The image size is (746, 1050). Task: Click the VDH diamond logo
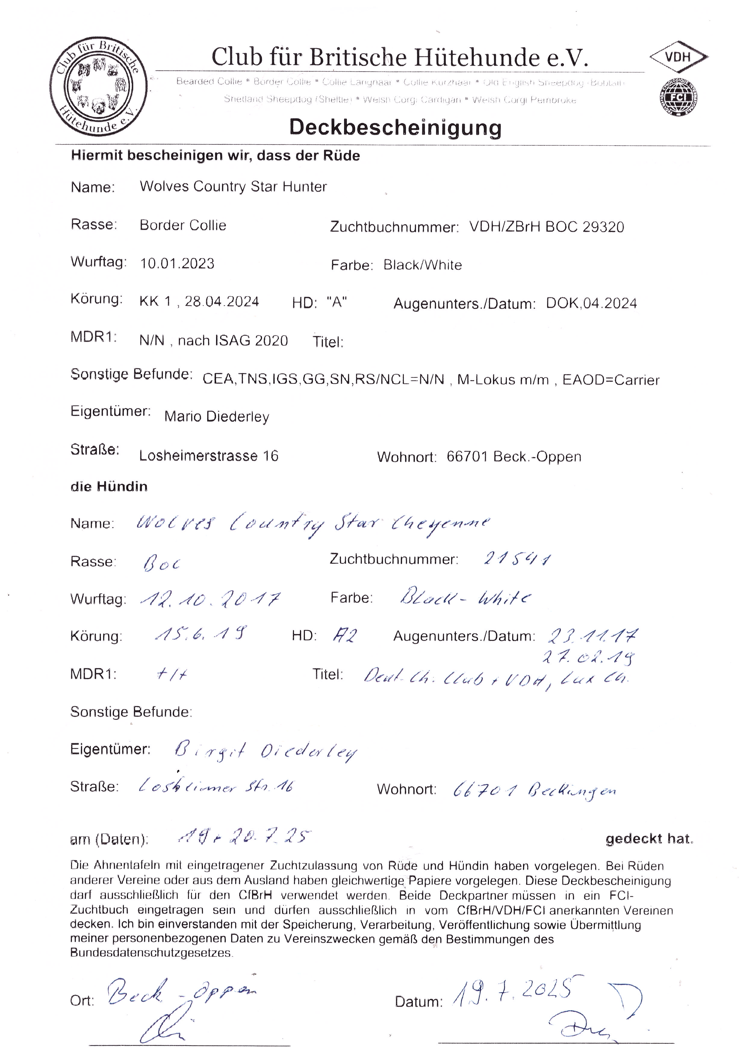tap(678, 57)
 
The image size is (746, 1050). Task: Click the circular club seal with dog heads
tap(99, 87)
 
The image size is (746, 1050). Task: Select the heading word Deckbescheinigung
tap(395, 127)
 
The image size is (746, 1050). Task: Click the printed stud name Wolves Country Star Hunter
tap(233, 186)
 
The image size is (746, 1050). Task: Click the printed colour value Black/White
tap(423, 265)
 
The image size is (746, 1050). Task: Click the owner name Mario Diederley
tap(217, 417)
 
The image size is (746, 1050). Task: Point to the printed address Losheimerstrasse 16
tap(209, 456)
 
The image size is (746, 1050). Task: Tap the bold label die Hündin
tap(109, 486)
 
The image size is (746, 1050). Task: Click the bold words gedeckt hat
tap(649, 839)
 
